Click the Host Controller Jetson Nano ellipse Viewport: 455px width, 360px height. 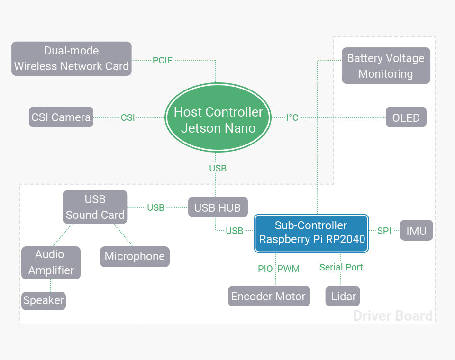click(218, 119)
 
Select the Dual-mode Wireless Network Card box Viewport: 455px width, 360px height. click(72, 59)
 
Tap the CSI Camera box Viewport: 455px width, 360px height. click(61, 117)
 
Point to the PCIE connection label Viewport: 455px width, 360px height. click(163, 60)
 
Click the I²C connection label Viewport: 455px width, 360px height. click(292, 117)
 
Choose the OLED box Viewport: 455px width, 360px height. click(406, 117)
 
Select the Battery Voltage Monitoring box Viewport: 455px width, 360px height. click(386, 66)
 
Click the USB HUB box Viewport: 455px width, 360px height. click(218, 207)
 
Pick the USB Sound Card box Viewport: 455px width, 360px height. click(95, 207)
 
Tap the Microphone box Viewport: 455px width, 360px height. click(135, 256)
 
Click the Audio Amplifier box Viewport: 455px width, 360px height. click(51, 262)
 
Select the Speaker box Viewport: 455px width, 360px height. click(44, 300)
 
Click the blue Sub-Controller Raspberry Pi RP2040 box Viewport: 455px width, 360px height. click(312, 233)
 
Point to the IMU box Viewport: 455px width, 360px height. click(417, 231)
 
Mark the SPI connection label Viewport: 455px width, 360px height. click(384, 231)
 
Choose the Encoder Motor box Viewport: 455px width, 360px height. click(269, 297)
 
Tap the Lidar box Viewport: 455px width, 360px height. click(343, 297)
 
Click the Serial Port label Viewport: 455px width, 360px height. click(341, 267)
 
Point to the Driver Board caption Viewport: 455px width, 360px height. click(393, 316)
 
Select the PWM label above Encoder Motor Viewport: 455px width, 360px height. click(289, 269)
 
